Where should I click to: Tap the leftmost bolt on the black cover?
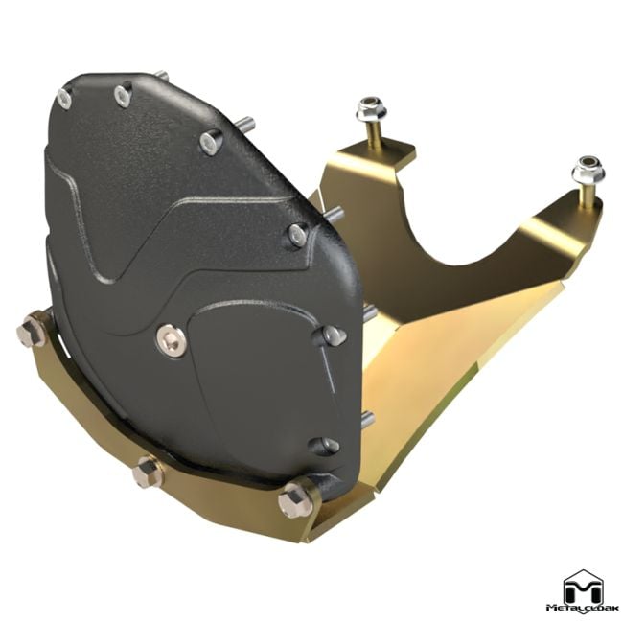coord(65,96)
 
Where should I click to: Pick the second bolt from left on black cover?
coord(122,94)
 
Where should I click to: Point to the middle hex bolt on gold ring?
coord(148,472)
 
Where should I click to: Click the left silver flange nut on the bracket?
coord(368,111)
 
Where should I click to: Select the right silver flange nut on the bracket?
coord(586,173)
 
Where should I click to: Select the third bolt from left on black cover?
coord(210,144)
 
